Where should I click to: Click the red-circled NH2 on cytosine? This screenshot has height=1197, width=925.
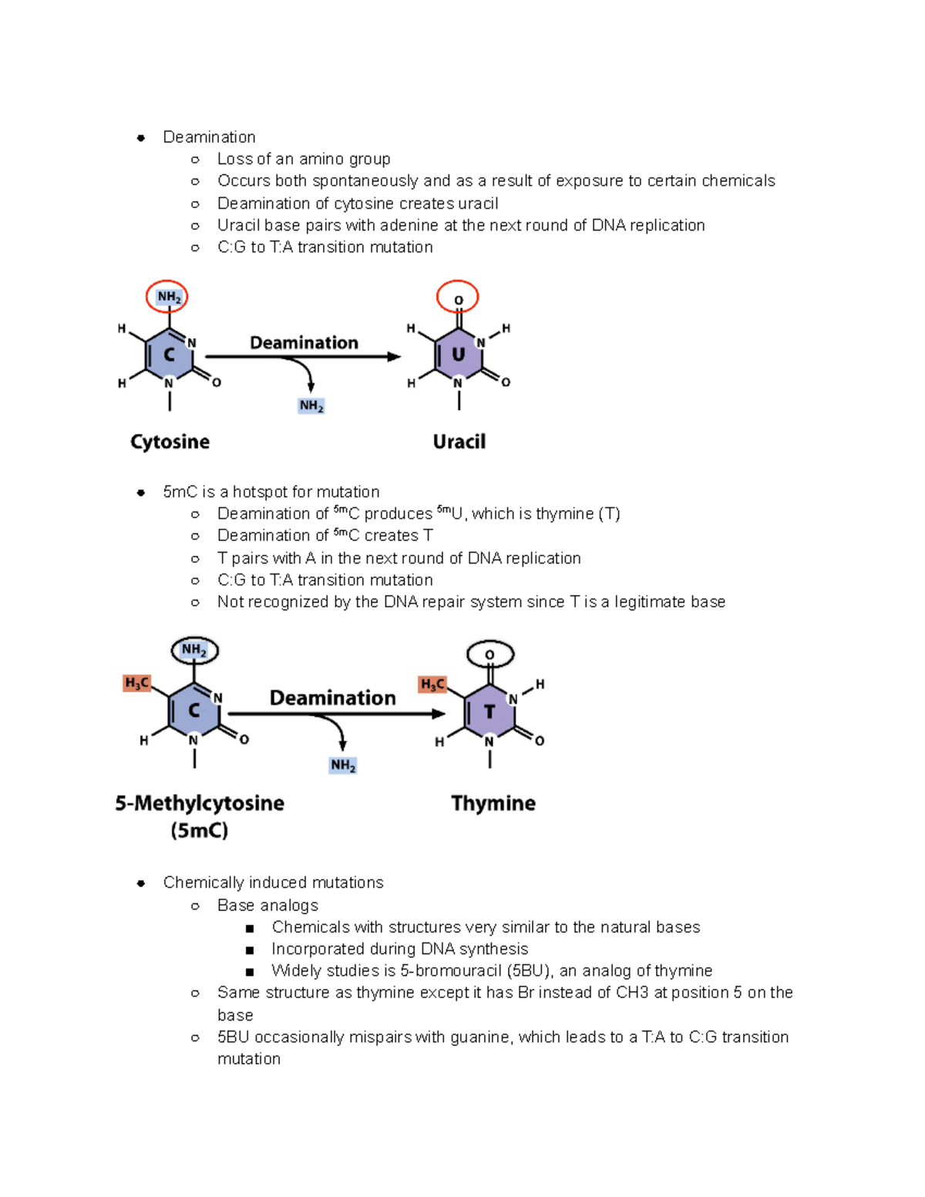pos(168,297)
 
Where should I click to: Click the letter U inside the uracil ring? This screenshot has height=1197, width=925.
pos(458,355)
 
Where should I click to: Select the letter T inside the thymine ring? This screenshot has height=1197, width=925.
pos(489,711)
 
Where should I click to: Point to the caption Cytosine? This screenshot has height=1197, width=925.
pos(170,442)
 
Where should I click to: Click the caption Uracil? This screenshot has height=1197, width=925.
pos(459,442)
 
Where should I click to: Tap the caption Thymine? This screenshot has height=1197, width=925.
pos(493,803)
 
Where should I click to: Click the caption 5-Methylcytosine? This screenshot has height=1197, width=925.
pos(200,803)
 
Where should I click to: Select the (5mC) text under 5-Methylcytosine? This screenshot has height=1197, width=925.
pos(200,831)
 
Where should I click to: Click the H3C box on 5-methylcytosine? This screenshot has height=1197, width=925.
pos(136,683)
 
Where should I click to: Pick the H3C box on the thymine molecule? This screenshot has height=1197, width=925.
pos(432,684)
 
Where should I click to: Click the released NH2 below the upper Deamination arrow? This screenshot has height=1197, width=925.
pos(311,406)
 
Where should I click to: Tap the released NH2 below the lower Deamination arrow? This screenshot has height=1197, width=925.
pos(343,765)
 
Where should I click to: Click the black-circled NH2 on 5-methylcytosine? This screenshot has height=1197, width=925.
pos(194,651)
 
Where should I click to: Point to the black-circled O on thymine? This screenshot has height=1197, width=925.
pos(490,655)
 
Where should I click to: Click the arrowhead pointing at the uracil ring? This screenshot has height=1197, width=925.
pos(394,357)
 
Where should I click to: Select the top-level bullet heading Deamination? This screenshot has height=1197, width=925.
pos(209,137)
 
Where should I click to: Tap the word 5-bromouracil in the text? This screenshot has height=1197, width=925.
pos(450,970)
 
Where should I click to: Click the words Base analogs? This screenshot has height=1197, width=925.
pos(267,905)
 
